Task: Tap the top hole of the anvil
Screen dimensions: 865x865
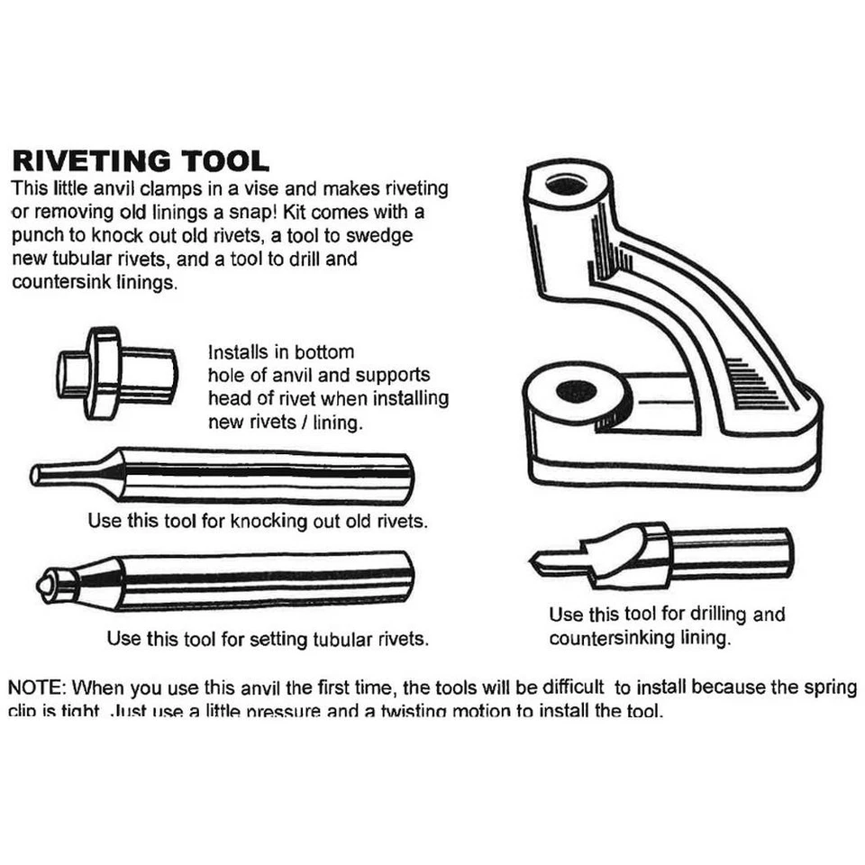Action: click(566, 185)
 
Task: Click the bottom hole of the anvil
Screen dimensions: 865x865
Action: click(577, 392)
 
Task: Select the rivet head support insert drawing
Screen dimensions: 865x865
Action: click(115, 371)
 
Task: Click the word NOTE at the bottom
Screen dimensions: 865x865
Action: click(34, 687)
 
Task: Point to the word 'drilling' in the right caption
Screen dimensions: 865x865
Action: click(719, 615)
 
